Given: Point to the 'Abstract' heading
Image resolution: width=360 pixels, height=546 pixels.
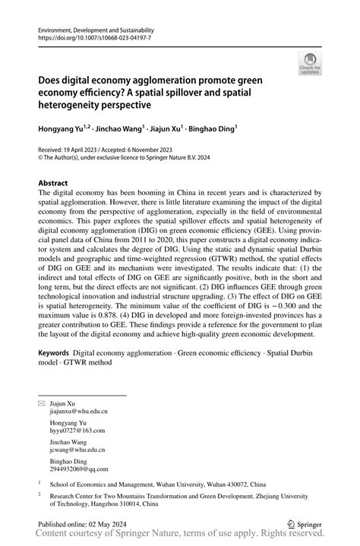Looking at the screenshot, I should tap(53, 183).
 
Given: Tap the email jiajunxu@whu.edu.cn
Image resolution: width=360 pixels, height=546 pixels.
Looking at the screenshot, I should tap(79, 411).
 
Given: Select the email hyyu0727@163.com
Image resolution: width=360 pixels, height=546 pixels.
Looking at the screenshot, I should tap(77, 431).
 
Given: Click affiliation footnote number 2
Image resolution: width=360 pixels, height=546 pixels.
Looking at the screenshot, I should tap(39, 491).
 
